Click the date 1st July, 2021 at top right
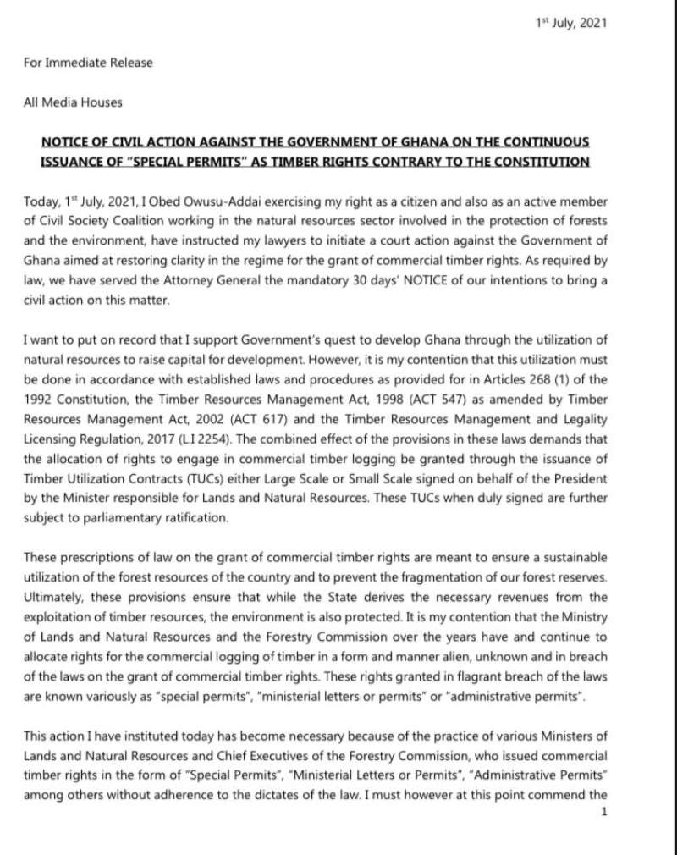point(571,23)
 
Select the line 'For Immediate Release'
point(88,63)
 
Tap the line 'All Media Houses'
point(73,102)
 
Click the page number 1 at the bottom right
point(603,813)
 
